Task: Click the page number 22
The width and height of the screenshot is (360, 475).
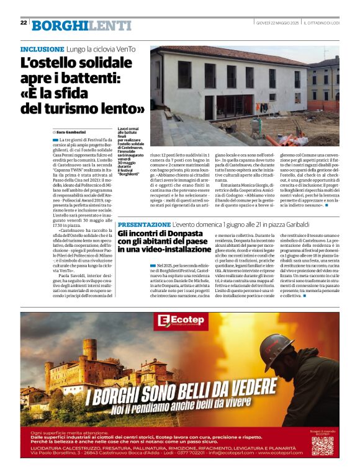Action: coord(24,22)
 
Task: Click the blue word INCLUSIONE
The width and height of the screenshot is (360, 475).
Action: coord(42,49)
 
